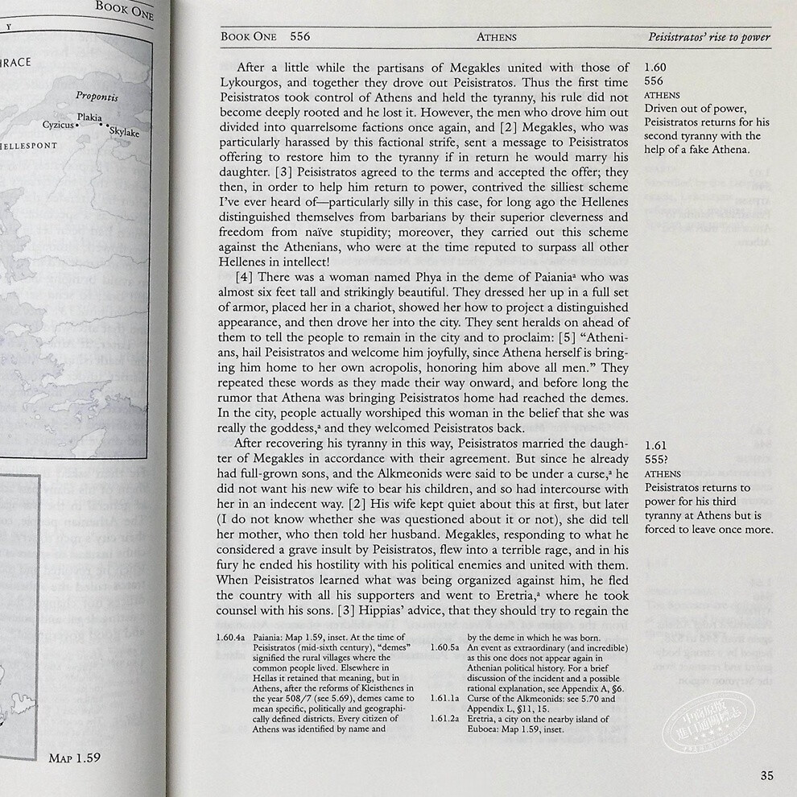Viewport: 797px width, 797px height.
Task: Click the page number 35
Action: click(766, 776)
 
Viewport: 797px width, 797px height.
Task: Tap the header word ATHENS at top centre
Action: click(497, 37)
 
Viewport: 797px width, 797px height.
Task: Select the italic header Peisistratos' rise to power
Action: click(709, 37)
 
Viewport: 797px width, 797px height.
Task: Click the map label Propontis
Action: click(97, 97)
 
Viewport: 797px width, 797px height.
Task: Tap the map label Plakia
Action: click(89, 118)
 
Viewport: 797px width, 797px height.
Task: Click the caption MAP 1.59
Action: click(74, 758)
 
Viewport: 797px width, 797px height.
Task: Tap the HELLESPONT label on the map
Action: click(29, 147)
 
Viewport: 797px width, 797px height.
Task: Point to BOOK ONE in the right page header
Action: click(248, 37)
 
